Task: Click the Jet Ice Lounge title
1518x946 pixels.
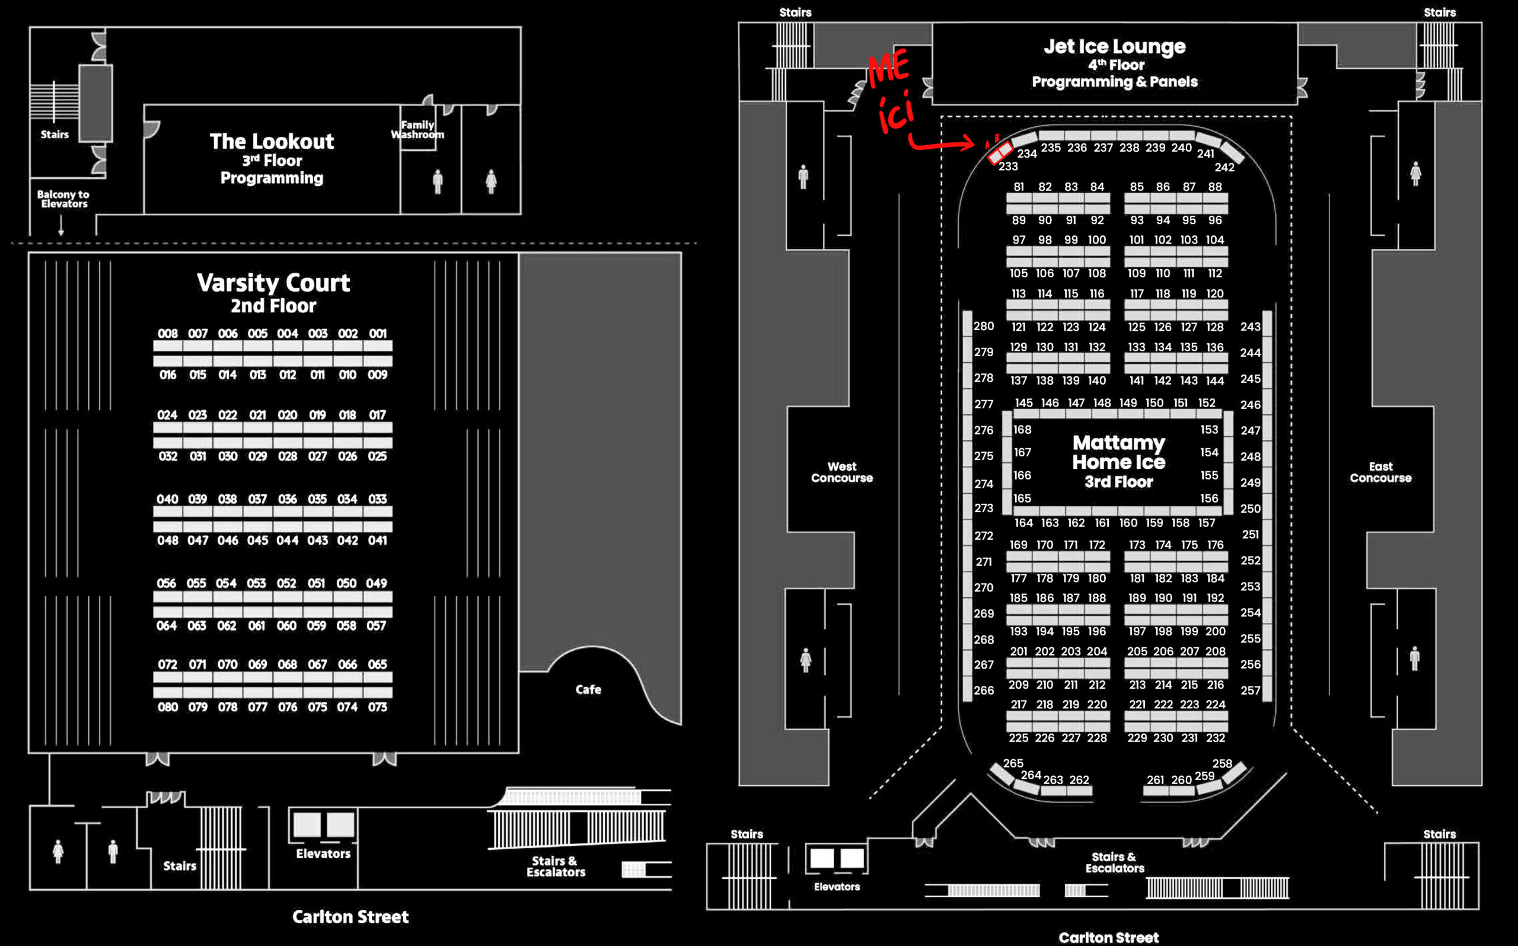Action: coord(1114,46)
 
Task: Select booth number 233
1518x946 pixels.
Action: coord(1007,167)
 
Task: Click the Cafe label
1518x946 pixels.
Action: coord(588,689)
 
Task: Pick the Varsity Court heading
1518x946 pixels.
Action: coord(273,283)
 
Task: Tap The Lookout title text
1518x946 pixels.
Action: coord(272,142)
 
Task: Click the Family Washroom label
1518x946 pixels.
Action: coord(417,129)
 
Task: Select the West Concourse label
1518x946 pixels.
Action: coord(841,472)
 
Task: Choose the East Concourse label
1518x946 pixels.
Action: coord(1380,472)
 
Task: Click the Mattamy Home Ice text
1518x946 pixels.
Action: coord(1119,452)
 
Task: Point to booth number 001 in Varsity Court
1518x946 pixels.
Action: coord(377,334)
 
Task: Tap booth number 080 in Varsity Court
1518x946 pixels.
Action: coord(168,707)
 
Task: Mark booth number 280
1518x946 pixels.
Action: coord(983,326)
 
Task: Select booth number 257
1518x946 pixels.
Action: coord(1250,690)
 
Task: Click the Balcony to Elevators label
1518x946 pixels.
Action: coord(63,199)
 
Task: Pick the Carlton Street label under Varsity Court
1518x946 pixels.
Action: coord(350,916)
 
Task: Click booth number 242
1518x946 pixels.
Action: coord(1224,167)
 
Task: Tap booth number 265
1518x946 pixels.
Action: coord(1013,763)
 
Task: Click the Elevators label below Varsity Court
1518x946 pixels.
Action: coord(323,854)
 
